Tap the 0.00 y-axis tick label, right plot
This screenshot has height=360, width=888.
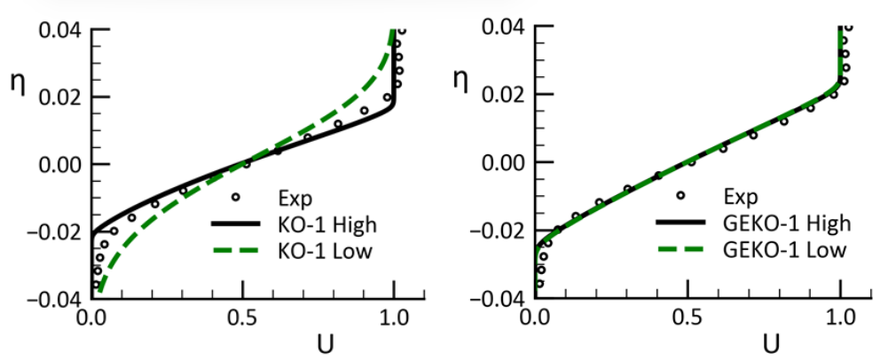505,162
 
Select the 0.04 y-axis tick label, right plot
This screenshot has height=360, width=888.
505,28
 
